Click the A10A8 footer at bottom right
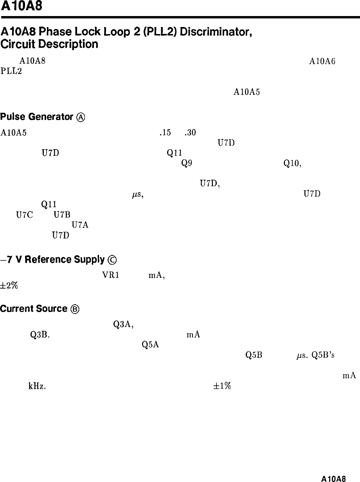pyautogui.click(x=333, y=478)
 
